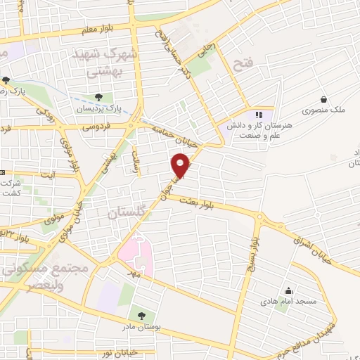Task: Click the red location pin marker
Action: [181, 165]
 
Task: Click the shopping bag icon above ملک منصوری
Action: [323, 99]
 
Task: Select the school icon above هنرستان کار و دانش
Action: [258, 114]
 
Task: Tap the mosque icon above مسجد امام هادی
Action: [288, 291]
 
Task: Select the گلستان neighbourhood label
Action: [127, 212]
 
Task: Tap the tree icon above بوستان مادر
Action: [143, 316]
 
